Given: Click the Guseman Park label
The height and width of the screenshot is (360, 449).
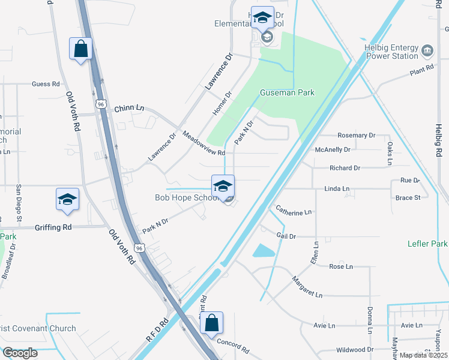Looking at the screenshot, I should (287, 92).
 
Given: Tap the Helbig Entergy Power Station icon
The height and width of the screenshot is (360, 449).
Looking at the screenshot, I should (427, 50).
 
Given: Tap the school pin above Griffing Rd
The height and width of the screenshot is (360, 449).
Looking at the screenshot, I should (68, 200).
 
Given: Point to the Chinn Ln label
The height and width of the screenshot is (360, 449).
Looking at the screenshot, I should (129, 107).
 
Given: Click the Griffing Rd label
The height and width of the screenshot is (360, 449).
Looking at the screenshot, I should (53, 227).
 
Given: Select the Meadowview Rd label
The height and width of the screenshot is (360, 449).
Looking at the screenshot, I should (203, 144).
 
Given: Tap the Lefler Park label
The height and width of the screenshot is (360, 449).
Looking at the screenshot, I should (426, 244).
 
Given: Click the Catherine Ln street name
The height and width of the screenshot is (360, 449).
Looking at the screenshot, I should (294, 211).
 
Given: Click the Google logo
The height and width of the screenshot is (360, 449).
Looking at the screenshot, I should (20, 353).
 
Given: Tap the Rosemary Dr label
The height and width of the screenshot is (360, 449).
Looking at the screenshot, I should (356, 136).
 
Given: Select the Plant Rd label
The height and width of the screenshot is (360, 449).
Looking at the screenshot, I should (421, 70).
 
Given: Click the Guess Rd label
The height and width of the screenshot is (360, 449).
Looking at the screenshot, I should (46, 85).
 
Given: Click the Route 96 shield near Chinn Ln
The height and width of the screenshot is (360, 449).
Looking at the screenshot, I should (101, 104).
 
